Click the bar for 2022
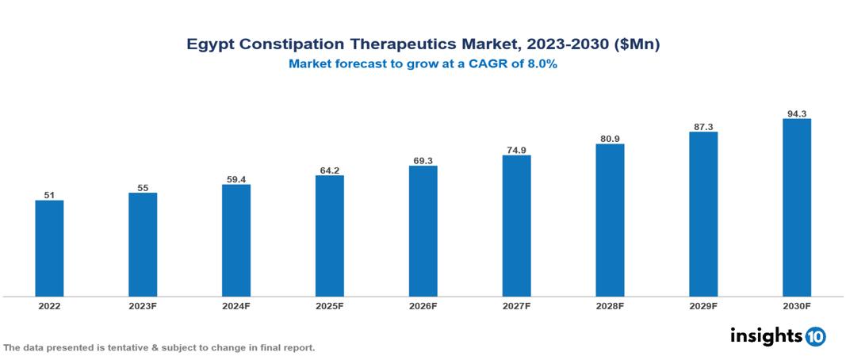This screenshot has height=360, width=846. [49, 248]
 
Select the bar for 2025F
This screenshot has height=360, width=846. [329, 236]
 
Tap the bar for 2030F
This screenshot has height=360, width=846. [796, 208]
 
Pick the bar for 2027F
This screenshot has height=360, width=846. [516, 226]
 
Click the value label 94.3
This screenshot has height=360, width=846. [796, 113]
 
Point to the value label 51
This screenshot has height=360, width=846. [49, 194]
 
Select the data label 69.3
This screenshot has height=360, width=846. [423, 160]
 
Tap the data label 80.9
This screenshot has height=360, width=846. [610, 139]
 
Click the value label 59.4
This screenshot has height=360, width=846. [236, 179]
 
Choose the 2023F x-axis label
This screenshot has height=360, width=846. [143, 305]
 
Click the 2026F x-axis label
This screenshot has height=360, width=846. [423, 305]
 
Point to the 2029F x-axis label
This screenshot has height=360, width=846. [703, 305]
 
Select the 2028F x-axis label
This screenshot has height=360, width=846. [610, 305]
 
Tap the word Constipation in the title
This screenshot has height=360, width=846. [297, 45]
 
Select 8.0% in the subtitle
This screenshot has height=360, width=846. [539, 64]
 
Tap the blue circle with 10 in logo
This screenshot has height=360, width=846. [815, 336]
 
